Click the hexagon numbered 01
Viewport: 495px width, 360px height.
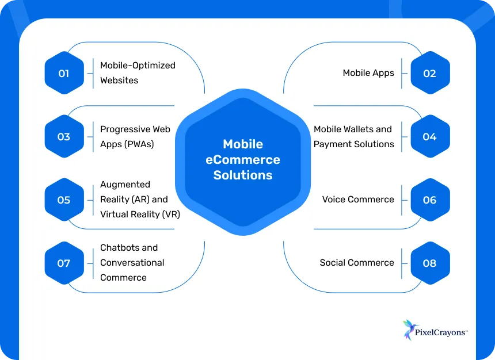(x=63, y=74)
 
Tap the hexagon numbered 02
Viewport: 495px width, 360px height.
(x=429, y=74)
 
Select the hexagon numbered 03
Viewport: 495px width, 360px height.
(x=63, y=137)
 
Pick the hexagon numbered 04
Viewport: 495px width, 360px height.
(x=429, y=137)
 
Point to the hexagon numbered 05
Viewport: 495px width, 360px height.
(x=63, y=200)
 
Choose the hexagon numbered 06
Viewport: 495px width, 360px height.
(x=429, y=200)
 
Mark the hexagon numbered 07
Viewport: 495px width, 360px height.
(x=63, y=263)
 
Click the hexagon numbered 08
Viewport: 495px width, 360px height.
(x=429, y=263)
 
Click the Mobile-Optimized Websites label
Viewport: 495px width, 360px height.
(x=138, y=73)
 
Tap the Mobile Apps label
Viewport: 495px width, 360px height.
(x=368, y=73)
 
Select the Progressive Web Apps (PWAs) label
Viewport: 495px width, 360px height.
(x=135, y=137)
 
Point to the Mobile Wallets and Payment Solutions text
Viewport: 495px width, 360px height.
(x=353, y=137)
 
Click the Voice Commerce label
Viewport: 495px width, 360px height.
(x=358, y=200)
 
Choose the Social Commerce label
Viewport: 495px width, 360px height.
(x=357, y=263)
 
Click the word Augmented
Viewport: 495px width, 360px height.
(x=125, y=185)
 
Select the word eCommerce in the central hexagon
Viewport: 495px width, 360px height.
(x=243, y=160)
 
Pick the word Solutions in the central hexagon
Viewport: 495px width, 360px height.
(x=243, y=175)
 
